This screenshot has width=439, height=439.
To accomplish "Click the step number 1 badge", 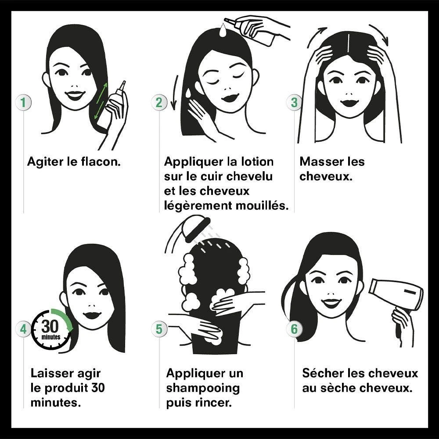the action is pos(23,102).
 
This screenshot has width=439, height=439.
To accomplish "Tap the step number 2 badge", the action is pos(159,102).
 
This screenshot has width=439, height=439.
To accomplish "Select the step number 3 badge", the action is pos(294,102).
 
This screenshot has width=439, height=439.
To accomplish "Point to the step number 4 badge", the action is pos(23,329).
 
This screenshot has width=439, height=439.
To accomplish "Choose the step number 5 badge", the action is pos(159,329).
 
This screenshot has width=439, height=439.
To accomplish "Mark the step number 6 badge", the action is pos(294,329).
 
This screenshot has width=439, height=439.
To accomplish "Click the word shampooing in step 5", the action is pos(203,389).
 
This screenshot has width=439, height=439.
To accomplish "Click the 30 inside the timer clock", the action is pos(50,326).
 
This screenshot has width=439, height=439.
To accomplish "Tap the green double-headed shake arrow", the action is pos(101,100).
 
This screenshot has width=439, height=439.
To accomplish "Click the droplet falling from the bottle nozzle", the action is pos(223,30).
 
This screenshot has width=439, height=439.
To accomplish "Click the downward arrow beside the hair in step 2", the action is pos(175,92).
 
